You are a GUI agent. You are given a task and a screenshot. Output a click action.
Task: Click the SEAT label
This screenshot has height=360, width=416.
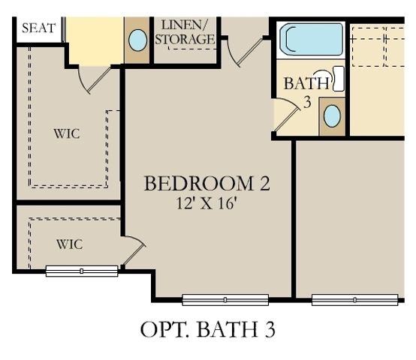coord(38,28)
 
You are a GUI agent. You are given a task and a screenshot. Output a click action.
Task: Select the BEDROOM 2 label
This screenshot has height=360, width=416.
coord(206,183)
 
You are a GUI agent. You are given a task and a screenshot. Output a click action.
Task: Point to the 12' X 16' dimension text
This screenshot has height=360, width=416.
coord(206,202)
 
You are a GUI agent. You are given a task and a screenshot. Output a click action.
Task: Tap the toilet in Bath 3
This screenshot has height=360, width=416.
coord(337,79)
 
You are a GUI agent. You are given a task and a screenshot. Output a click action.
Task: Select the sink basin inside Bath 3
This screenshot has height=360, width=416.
coord(331,116)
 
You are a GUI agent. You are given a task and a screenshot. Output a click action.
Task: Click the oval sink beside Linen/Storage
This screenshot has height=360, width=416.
coord(137,40)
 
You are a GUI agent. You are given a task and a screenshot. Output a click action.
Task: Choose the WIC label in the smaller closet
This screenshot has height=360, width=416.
coord(69,244)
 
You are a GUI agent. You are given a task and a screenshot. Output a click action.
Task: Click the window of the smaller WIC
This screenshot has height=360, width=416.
coord(82,271)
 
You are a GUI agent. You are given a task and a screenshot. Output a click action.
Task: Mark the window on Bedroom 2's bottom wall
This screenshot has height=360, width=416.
coord(225,300)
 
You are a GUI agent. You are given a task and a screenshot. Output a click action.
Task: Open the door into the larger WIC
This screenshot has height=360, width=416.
coord(95,79)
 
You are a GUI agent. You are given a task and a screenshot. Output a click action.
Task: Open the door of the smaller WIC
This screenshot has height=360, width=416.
coord(134,252)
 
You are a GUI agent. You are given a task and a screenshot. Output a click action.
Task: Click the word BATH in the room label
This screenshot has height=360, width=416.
coord(306,84)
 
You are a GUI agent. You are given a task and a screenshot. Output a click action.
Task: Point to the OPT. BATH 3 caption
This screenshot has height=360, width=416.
coord(212,329)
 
